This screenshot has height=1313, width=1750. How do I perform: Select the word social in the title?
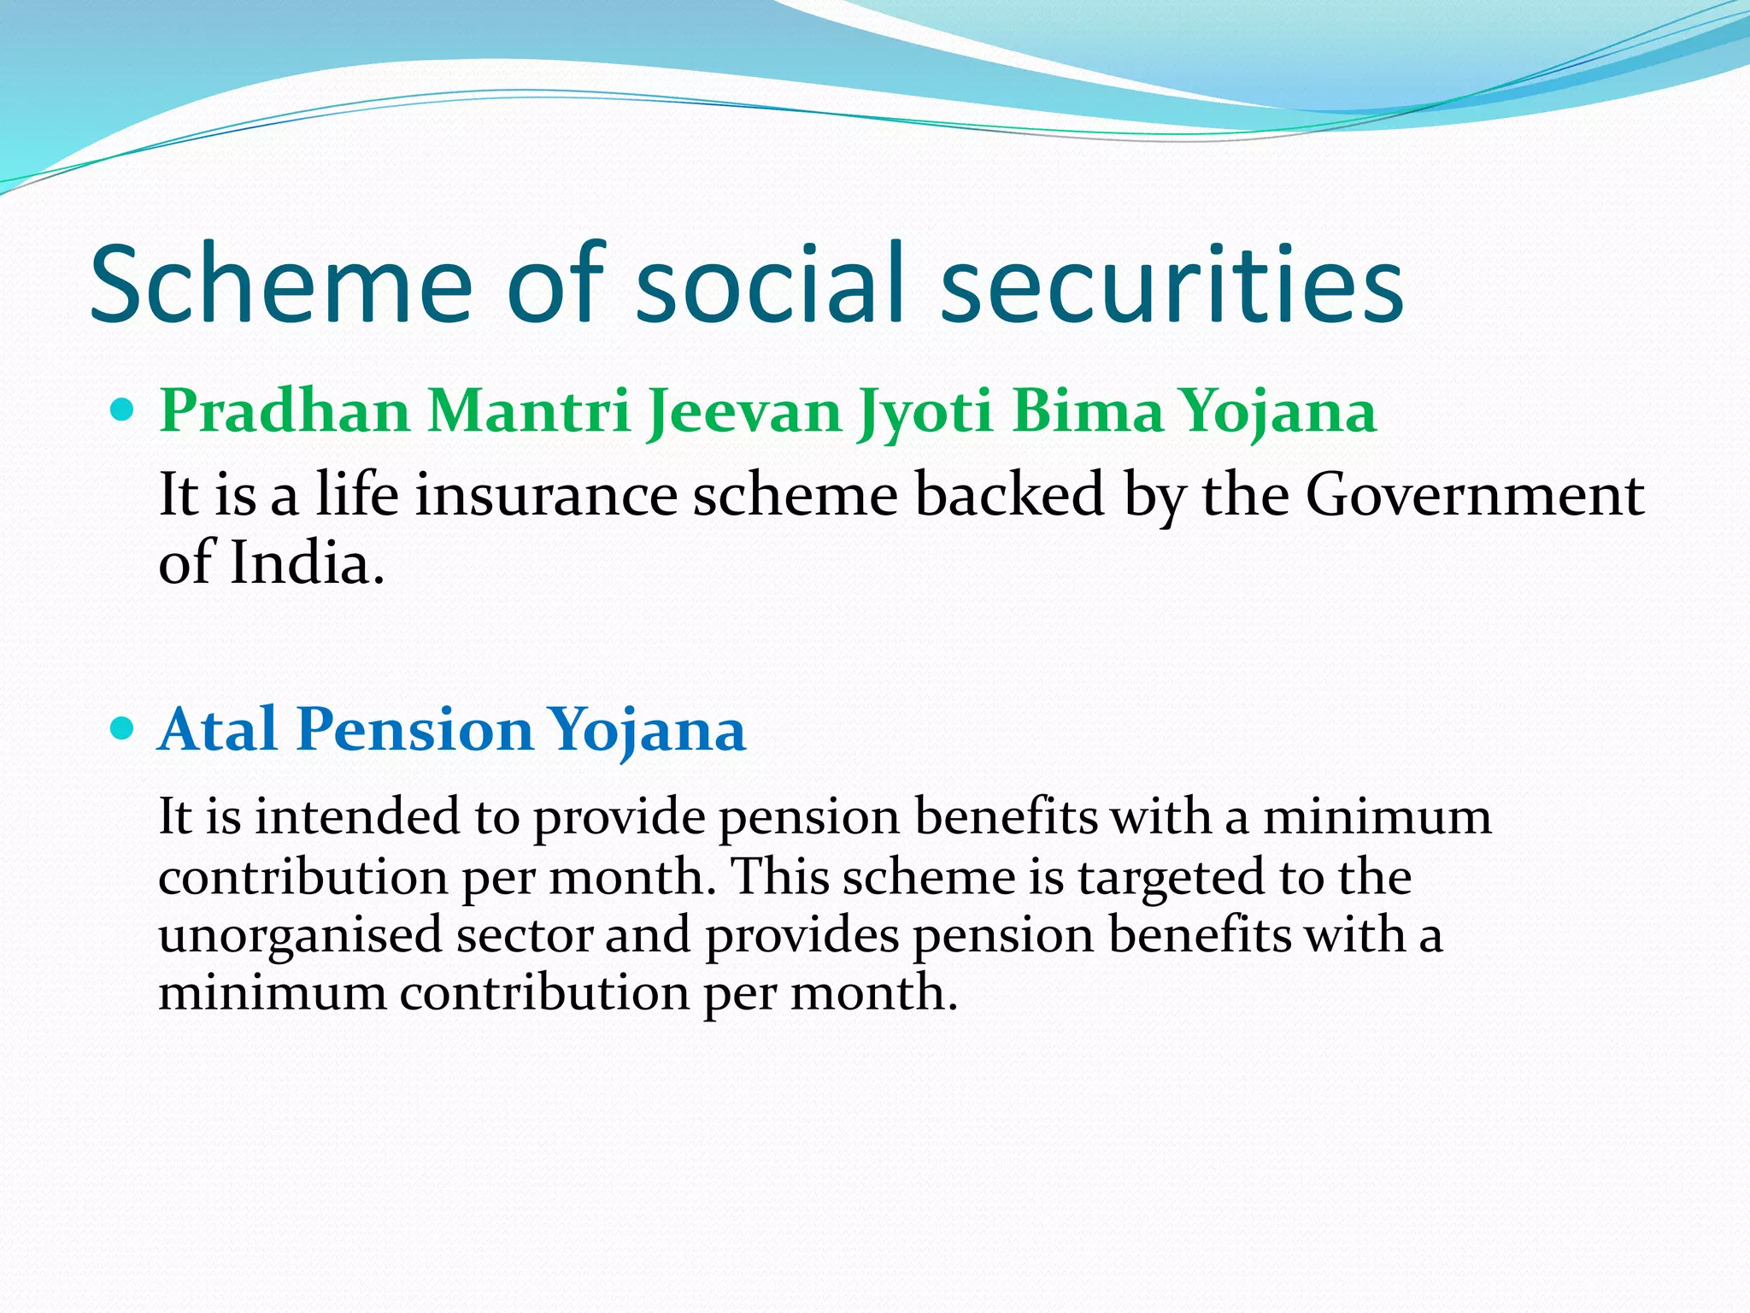click(769, 285)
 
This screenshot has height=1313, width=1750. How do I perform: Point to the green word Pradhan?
click(285, 412)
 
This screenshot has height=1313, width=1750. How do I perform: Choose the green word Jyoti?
click(926, 412)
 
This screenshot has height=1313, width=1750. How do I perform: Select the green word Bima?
click(1088, 412)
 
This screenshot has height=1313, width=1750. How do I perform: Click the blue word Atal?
click(218, 729)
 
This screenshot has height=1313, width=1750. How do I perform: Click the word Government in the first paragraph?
click(1474, 496)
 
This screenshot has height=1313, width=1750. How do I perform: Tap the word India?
click(306, 563)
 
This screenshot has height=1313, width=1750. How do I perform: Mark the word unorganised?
click(299, 934)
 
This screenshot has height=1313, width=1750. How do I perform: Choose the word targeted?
click(1171, 877)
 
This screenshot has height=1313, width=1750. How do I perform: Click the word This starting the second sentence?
click(780, 877)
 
